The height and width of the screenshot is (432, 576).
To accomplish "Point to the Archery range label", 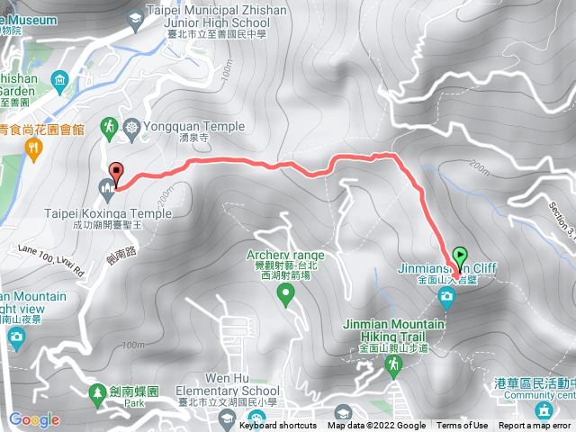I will [286, 256].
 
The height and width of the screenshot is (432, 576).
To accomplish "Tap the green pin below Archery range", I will [286, 293].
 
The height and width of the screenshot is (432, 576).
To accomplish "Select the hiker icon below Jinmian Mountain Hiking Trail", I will [393, 364].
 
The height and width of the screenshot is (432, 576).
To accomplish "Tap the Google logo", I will [33, 419].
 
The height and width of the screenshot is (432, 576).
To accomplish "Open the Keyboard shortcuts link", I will [278, 426].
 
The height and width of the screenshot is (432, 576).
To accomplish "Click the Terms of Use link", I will [463, 426].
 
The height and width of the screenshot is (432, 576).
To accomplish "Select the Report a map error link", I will [535, 426].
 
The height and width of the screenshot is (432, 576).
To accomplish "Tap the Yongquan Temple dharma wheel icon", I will [131, 127].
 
